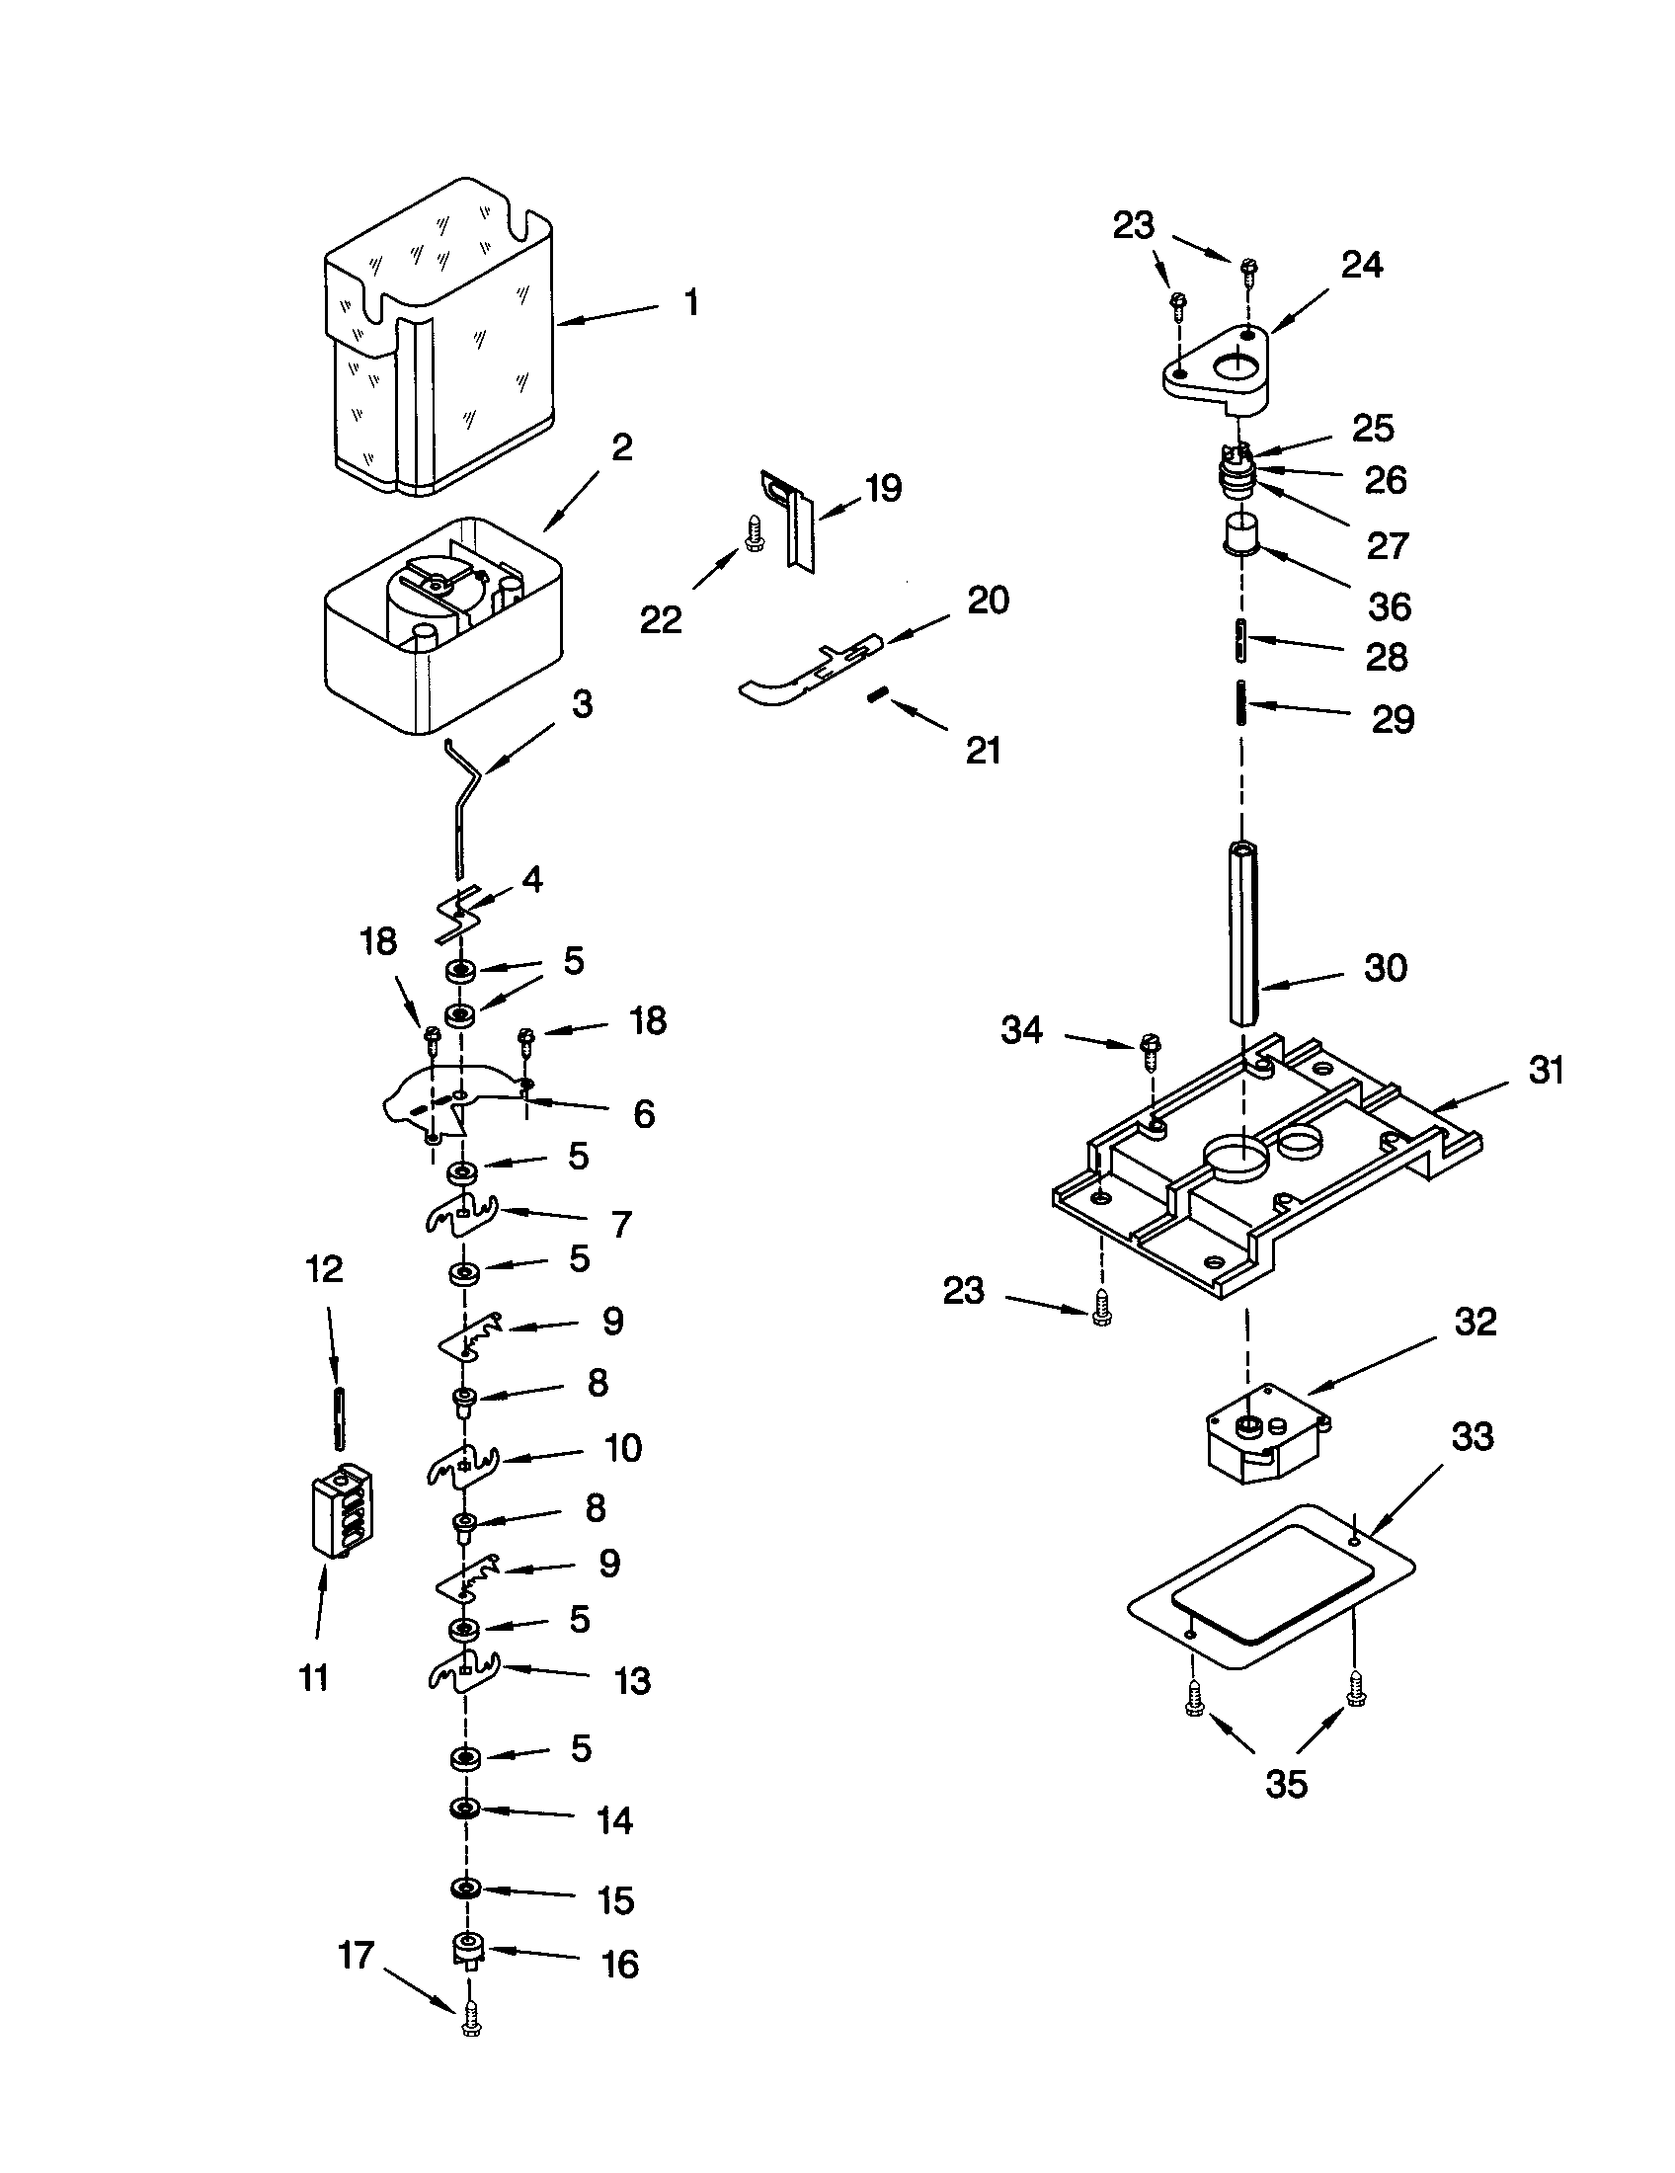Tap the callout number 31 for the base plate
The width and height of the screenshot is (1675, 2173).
(x=1547, y=1071)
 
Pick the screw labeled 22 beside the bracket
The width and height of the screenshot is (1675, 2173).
(x=753, y=534)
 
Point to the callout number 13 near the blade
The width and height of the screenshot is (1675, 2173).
(x=632, y=1680)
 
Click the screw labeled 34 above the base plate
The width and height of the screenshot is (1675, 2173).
(x=1151, y=1053)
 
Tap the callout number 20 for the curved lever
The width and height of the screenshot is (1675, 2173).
(x=987, y=600)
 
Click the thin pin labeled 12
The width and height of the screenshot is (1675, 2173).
(x=340, y=1417)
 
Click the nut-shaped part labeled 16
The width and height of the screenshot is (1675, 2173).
(x=466, y=1948)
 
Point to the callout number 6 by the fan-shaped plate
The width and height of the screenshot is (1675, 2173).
(x=644, y=1113)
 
